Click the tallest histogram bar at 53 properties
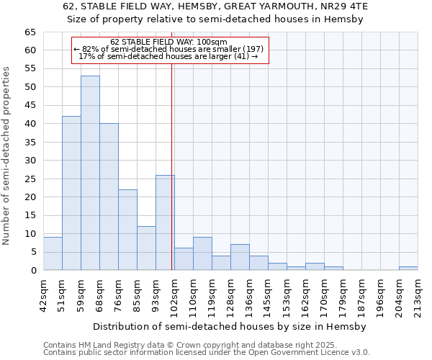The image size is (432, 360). pyautogui.click(x=90, y=173)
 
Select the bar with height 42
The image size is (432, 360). pyautogui.click(x=71, y=193)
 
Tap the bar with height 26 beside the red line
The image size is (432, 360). pyautogui.click(x=165, y=222)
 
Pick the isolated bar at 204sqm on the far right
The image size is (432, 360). pyautogui.click(x=408, y=269)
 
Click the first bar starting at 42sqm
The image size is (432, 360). pyautogui.click(x=53, y=253)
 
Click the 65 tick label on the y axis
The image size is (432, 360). pyautogui.click(x=30, y=32)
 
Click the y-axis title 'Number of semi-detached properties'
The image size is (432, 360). pyautogui.click(x=8, y=156)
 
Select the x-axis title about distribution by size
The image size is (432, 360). pyautogui.click(x=230, y=326)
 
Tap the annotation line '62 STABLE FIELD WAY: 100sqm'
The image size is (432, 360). pyautogui.click(x=169, y=42)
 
